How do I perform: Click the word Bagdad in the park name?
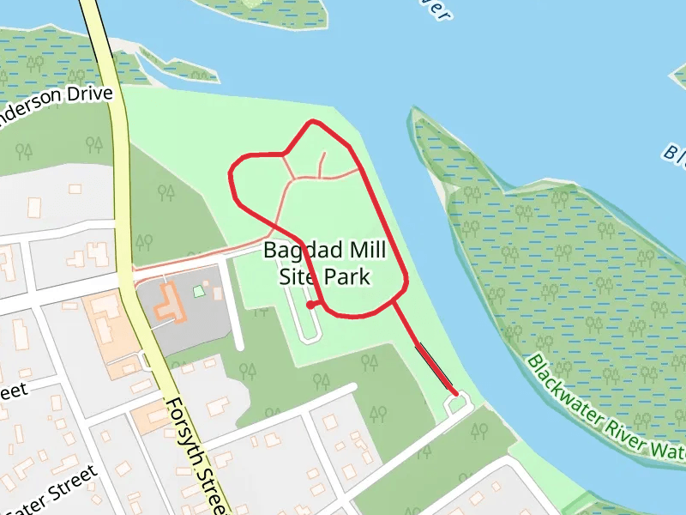(x=301, y=251)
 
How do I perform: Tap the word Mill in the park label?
(x=364, y=251)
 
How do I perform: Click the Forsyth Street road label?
(x=196, y=455)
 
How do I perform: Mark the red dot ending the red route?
(x=310, y=304)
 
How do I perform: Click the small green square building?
(x=199, y=291)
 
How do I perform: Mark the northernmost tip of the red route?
(x=313, y=122)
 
